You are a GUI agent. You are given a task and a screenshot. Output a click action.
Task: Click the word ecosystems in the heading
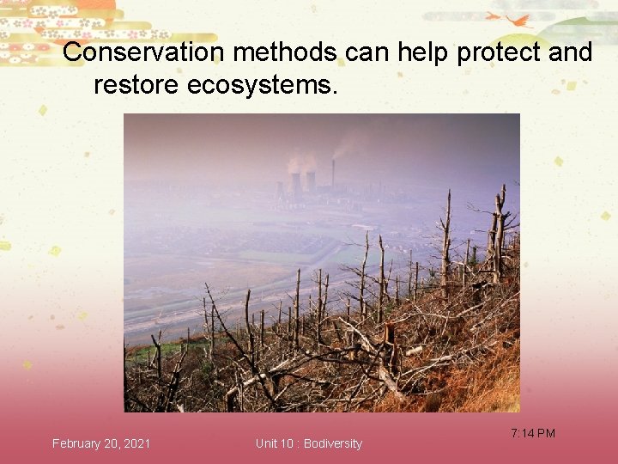258,85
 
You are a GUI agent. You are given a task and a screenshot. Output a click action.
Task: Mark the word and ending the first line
570,52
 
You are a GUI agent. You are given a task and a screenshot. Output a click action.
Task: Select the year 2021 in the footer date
137,443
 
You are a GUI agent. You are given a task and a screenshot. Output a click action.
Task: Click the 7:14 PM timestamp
532,433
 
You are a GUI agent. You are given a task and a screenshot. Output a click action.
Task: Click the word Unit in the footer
266,443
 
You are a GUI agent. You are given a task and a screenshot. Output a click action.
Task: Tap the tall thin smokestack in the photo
332,175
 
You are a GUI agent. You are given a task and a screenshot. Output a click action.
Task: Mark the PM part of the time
546,433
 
